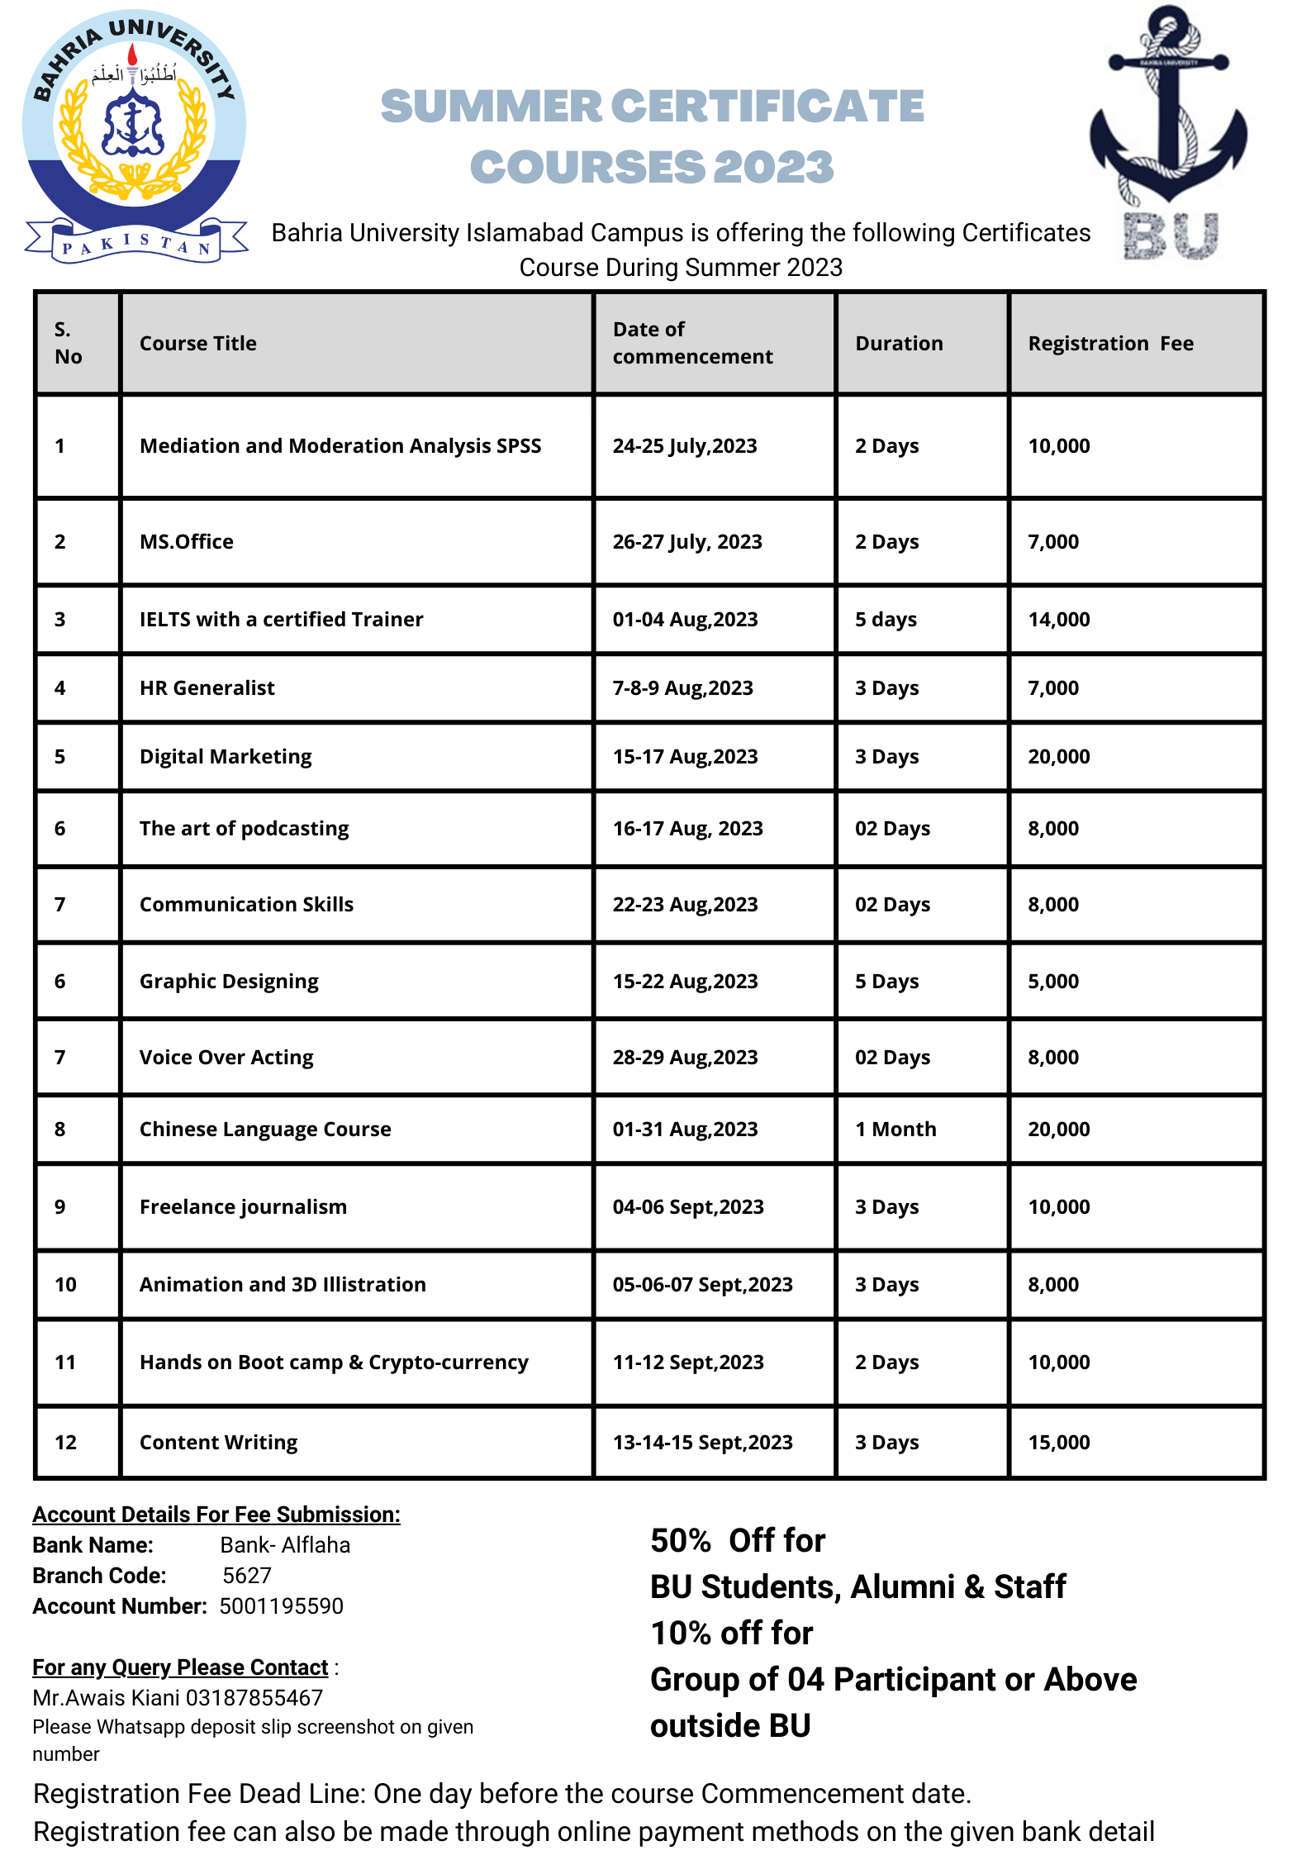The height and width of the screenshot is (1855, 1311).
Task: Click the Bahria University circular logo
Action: click(x=134, y=132)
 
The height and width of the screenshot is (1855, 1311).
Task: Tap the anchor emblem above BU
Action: click(x=1168, y=107)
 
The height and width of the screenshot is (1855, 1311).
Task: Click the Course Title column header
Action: click(x=198, y=344)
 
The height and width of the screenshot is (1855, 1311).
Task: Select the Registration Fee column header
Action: click(x=1110, y=344)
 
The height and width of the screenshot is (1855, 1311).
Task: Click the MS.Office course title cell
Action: click(x=187, y=542)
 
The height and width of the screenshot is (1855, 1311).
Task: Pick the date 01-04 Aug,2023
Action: click(x=685, y=620)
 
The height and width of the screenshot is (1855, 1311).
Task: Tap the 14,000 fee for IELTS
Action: click(x=1058, y=620)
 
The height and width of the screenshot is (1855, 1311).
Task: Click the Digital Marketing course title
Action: click(x=226, y=757)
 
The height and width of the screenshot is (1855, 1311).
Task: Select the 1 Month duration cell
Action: click(x=895, y=1130)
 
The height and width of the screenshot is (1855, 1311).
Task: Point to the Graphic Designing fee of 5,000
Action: click(x=1053, y=982)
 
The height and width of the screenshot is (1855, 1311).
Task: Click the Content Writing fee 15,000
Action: click(x=1058, y=1443)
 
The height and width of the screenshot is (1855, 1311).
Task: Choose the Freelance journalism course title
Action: click(x=243, y=1207)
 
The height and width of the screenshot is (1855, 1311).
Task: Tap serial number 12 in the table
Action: click(x=65, y=1443)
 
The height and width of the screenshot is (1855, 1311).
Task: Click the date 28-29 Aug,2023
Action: click(x=685, y=1058)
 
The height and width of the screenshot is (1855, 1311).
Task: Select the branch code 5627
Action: click(x=247, y=1576)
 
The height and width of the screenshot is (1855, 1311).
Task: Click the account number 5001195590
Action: click(x=281, y=1606)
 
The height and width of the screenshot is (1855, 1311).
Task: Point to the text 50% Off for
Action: click(x=738, y=1541)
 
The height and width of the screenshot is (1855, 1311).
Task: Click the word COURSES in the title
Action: click(x=587, y=167)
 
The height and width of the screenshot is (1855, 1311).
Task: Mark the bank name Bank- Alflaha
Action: click(x=285, y=1545)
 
